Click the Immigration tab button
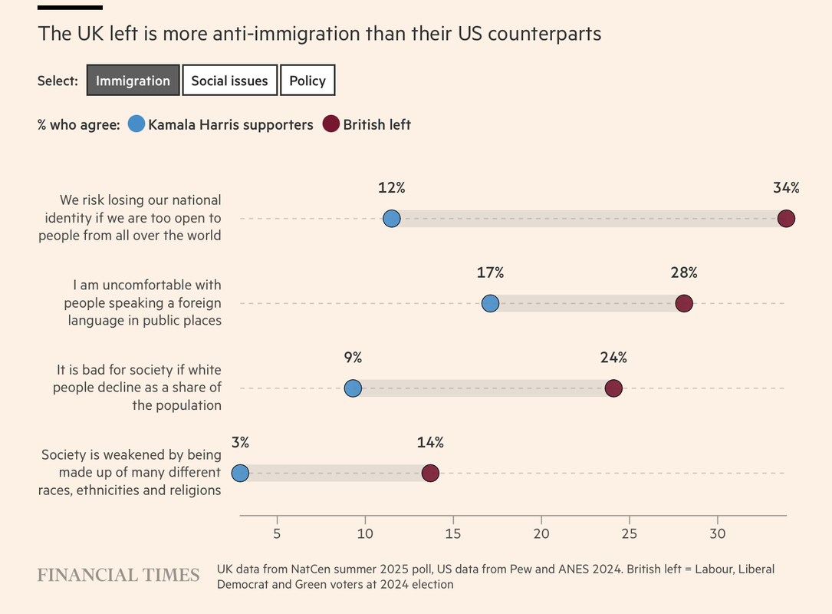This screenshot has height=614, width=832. [133, 81]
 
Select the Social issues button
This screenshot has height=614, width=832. [229, 81]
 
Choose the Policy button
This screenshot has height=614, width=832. [307, 81]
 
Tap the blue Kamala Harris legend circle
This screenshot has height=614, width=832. [136, 124]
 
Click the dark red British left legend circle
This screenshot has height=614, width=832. [330, 124]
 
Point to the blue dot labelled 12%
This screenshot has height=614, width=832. [392, 219]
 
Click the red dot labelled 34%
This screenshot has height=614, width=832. [786, 219]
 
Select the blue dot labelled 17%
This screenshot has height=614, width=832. [490, 304]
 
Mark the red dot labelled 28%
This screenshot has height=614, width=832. [684, 304]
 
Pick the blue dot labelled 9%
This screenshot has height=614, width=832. [353, 388]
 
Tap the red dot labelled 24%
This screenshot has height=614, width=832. [613, 388]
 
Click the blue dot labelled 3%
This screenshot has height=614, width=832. [240, 473]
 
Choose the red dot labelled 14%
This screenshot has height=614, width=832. [430, 473]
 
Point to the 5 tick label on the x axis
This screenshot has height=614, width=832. [276, 533]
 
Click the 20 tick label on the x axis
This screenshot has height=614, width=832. [541, 533]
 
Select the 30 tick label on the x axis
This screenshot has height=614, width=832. [718, 533]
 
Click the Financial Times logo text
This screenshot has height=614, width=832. [118, 576]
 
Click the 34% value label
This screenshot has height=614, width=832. [786, 187]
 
